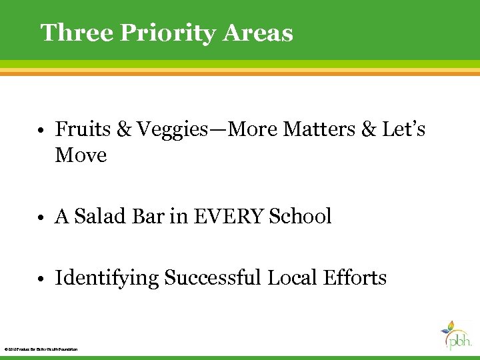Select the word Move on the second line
81,155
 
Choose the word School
300,217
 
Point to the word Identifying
107,277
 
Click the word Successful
213,277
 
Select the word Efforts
359,277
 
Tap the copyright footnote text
41,349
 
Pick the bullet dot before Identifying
42,279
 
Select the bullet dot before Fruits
42,130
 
